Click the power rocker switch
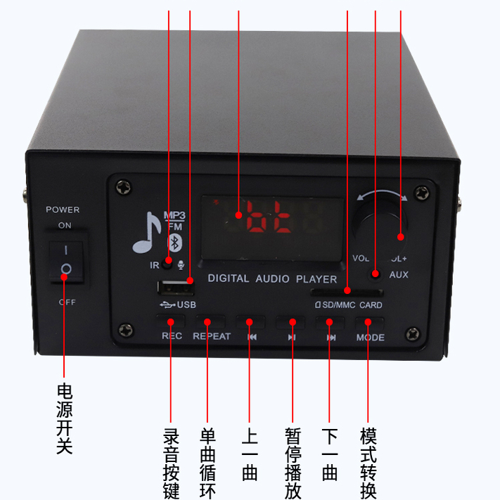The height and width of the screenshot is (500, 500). [x=66, y=261]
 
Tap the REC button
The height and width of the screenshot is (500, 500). [x=171, y=323]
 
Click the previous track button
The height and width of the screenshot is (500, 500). [x=250, y=323]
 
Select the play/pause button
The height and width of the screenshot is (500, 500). [x=291, y=323]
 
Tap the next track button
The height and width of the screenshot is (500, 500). [x=331, y=323]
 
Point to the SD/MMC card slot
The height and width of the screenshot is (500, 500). [x=347, y=291]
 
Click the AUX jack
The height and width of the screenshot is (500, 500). [x=376, y=274]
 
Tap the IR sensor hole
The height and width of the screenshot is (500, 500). [x=167, y=263]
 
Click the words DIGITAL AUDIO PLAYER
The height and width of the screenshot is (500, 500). [x=272, y=278]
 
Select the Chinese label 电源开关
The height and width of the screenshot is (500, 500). [x=65, y=418]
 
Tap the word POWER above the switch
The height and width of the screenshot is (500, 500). [x=63, y=210]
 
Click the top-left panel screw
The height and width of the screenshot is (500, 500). [x=125, y=188]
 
